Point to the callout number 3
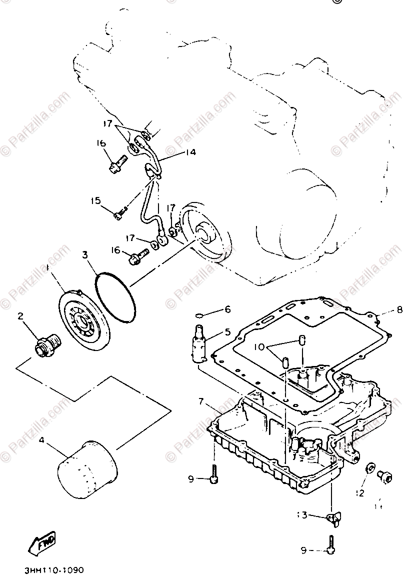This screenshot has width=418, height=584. coord(85,255)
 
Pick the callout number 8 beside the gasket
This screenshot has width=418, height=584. coord(399,310)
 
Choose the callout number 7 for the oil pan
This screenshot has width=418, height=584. coord(201,401)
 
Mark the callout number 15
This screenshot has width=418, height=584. coord(95,201)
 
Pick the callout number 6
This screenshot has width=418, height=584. coord(227,309)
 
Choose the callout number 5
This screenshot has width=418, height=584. coord(227,331)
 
